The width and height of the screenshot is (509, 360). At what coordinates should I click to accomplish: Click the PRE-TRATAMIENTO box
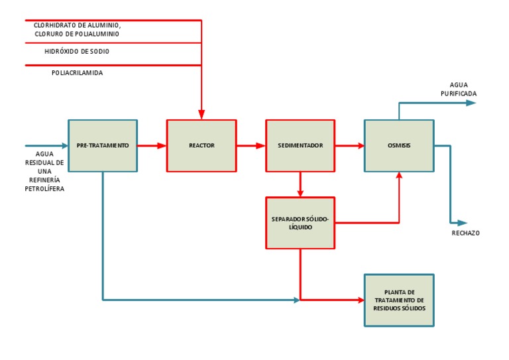[x=103, y=145]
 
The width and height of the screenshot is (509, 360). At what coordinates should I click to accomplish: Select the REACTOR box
[x=201, y=145]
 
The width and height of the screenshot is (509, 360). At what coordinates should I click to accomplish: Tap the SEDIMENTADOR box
[x=300, y=145]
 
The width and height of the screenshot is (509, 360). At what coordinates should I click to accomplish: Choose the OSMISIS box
[x=399, y=145]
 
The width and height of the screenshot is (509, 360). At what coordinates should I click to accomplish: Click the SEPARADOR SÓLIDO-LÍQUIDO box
[x=300, y=222]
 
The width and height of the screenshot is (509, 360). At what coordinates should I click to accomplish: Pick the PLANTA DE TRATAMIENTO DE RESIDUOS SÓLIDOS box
[x=399, y=300]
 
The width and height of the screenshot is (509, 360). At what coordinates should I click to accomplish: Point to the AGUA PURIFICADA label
[x=459, y=90]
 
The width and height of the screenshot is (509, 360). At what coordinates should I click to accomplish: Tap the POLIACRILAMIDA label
[x=78, y=73]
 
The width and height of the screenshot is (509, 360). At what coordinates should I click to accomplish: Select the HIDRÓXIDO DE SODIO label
[x=77, y=51]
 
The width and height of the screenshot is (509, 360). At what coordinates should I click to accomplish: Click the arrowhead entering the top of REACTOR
[x=201, y=115]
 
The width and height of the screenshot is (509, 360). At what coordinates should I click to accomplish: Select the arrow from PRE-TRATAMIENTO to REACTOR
[x=152, y=145]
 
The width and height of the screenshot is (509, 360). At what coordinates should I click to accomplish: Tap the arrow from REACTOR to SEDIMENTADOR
[x=251, y=145]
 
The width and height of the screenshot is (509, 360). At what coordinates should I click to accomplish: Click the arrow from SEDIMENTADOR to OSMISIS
[x=349, y=145]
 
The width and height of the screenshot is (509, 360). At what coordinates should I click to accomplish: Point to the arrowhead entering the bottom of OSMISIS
[x=399, y=176]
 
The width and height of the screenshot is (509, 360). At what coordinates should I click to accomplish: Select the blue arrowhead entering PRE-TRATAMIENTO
[x=64, y=145]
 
